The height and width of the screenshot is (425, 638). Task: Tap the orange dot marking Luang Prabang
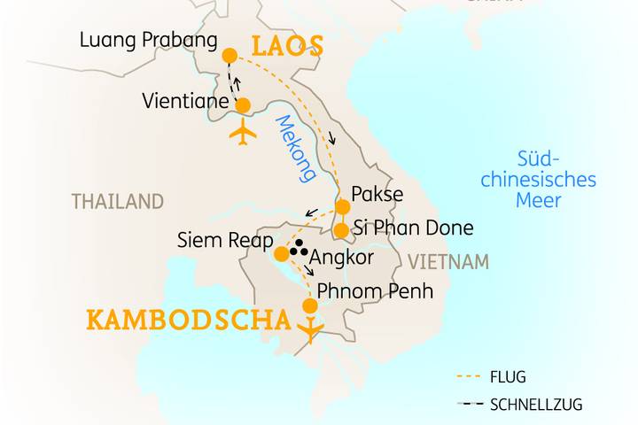tap(229, 56)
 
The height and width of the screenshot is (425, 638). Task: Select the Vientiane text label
tap(185, 102)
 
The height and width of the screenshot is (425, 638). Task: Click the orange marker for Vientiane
tap(243, 105)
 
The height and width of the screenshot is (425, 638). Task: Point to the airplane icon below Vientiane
tap(242, 134)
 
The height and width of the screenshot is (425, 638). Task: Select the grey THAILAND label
tap(118, 202)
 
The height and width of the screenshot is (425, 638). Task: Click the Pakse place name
tap(377, 194)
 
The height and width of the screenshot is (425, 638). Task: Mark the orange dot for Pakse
tap(342, 207)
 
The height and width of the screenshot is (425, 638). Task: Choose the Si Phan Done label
tap(413, 228)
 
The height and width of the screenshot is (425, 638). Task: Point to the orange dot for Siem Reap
tap(281, 254)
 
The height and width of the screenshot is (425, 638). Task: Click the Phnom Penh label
tap(375, 290)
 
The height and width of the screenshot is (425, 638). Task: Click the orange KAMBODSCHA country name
tap(188, 320)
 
